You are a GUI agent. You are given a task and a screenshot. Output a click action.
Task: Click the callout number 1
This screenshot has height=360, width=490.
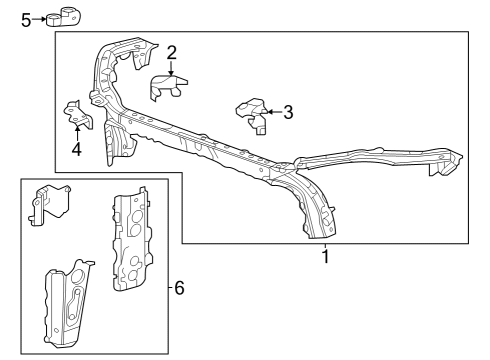tap(325, 257)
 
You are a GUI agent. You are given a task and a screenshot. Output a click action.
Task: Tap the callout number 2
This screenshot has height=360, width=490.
tap(172, 51)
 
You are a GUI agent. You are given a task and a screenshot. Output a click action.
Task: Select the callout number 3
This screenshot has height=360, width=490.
tap(288, 112)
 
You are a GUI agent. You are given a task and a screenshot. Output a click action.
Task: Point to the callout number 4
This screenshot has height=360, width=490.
tap(76, 151)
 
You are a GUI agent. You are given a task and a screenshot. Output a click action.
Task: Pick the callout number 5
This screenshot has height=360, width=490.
tap(26, 17)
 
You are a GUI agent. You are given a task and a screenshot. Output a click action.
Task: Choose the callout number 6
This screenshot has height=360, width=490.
tap(179, 288)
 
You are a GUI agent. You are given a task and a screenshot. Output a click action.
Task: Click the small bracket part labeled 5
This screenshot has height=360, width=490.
tap(68, 16)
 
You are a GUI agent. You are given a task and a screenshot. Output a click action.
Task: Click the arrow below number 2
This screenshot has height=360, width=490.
tap(172, 68)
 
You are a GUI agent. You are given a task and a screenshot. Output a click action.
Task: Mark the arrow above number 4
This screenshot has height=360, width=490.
tap(76, 134)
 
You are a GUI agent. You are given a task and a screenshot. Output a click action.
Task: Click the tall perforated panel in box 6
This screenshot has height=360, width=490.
tap(129, 241)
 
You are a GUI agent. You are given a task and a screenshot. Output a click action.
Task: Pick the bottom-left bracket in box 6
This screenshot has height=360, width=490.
tap(67, 299)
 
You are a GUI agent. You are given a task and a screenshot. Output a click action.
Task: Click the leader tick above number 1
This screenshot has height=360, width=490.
tap(325, 245)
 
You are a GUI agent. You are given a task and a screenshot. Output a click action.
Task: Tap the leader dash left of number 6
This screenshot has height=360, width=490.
tap(169, 288)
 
